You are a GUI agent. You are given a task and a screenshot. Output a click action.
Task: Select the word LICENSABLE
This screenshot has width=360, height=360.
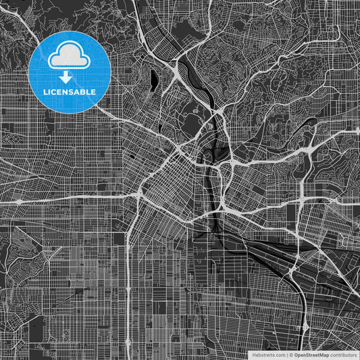(69, 91)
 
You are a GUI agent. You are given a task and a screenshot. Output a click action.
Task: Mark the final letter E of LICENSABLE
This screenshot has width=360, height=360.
(94, 91)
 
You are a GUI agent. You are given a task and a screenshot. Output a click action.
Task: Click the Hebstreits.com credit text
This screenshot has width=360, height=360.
(268, 354)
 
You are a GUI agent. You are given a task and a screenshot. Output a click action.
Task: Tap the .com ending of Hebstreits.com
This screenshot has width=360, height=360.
(278, 354)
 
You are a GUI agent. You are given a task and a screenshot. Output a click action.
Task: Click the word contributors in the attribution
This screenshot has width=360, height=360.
(342, 354)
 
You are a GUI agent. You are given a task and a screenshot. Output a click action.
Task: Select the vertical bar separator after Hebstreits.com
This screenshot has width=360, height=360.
(287, 354)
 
